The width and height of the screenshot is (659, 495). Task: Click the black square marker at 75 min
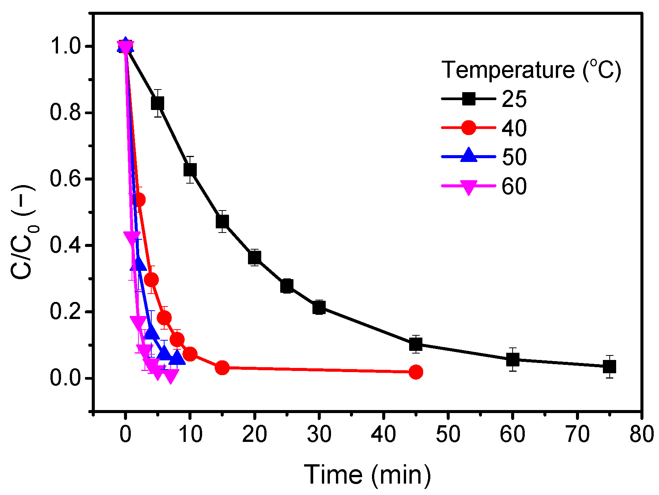click(x=609, y=366)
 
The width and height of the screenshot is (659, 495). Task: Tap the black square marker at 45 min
click(x=416, y=344)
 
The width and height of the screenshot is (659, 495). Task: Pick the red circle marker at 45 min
click(x=416, y=372)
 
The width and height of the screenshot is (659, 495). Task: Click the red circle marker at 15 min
click(x=222, y=368)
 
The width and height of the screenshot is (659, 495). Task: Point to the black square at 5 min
click(x=157, y=103)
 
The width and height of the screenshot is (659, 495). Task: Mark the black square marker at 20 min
click(x=254, y=258)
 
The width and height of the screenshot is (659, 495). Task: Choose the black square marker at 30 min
click(x=319, y=307)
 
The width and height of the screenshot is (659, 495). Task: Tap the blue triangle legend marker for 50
click(x=469, y=156)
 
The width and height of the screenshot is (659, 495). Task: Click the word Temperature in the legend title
click(x=508, y=70)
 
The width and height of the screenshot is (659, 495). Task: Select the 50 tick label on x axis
click(x=448, y=434)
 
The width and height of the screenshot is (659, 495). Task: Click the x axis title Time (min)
click(x=367, y=475)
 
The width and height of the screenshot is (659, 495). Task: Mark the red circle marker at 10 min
click(x=190, y=354)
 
